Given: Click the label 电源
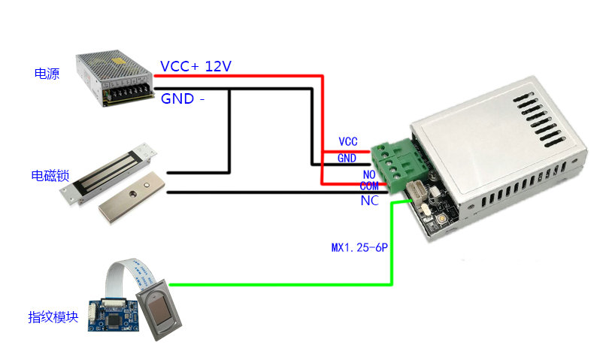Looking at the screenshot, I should click(47, 74).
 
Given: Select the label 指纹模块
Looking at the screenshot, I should click(53, 317).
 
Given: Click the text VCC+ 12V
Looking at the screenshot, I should click(195, 66).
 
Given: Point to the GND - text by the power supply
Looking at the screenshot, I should click(183, 98).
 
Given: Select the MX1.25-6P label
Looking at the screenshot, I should click(359, 247).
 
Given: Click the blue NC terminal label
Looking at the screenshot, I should click(370, 201).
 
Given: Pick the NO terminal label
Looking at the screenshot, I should click(368, 174).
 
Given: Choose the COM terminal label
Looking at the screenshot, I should click(368, 186).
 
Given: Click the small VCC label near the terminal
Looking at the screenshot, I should click(348, 141).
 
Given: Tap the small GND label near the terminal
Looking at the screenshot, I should click(347, 158).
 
